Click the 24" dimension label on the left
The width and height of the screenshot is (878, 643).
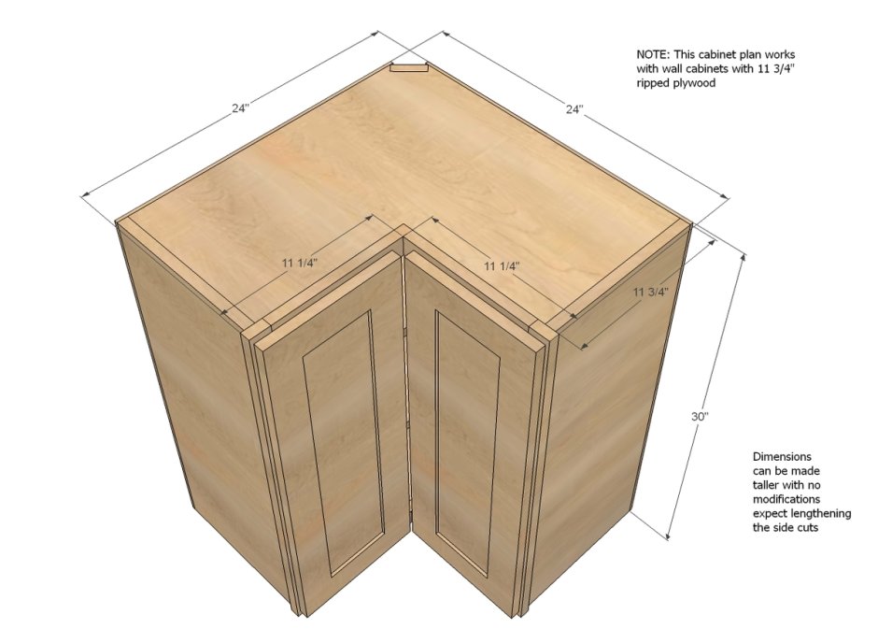(x=240, y=108)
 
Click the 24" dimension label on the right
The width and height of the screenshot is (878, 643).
(x=574, y=109)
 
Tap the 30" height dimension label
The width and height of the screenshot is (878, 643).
(x=700, y=417)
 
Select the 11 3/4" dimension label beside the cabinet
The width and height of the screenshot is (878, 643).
(x=651, y=292)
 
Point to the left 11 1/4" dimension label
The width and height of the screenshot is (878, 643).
(x=300, y=263)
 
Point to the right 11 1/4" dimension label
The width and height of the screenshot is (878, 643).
(x=502, y=266)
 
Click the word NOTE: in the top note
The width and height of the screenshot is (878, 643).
(x=653, y=55)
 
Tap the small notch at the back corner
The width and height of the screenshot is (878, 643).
(x=409, y=67)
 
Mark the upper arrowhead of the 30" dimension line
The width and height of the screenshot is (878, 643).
(x=743, y=258)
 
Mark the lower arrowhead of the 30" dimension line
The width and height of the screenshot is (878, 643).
(x=669, y=536)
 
